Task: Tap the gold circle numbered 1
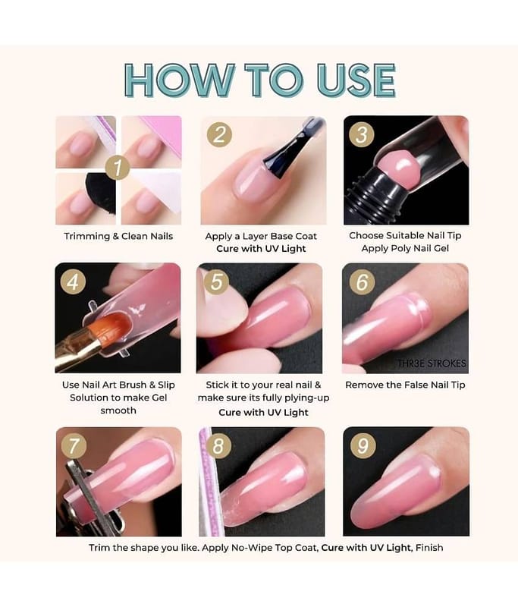click(118, 167)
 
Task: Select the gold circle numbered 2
click(219, 135)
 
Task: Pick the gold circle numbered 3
click(362, 134)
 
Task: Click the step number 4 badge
click(73, 281)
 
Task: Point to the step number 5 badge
click(217, 281)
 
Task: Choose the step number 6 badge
click(362, 281)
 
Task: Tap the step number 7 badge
click(74, 446)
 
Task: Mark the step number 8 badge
click(218, 445)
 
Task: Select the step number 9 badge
click(363, 445)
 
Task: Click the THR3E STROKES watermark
click(432, 363)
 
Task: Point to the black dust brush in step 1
click(101, 193)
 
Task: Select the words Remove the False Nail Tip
click(405, 385)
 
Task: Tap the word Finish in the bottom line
click(429, 548)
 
